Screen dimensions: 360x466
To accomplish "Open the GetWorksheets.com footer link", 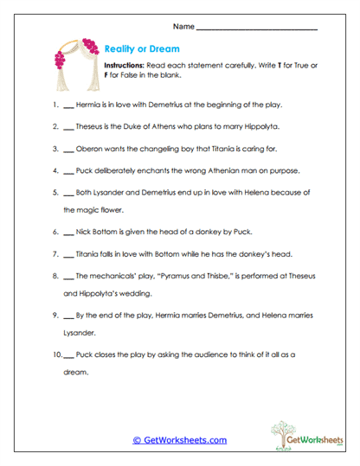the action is [179, 439].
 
